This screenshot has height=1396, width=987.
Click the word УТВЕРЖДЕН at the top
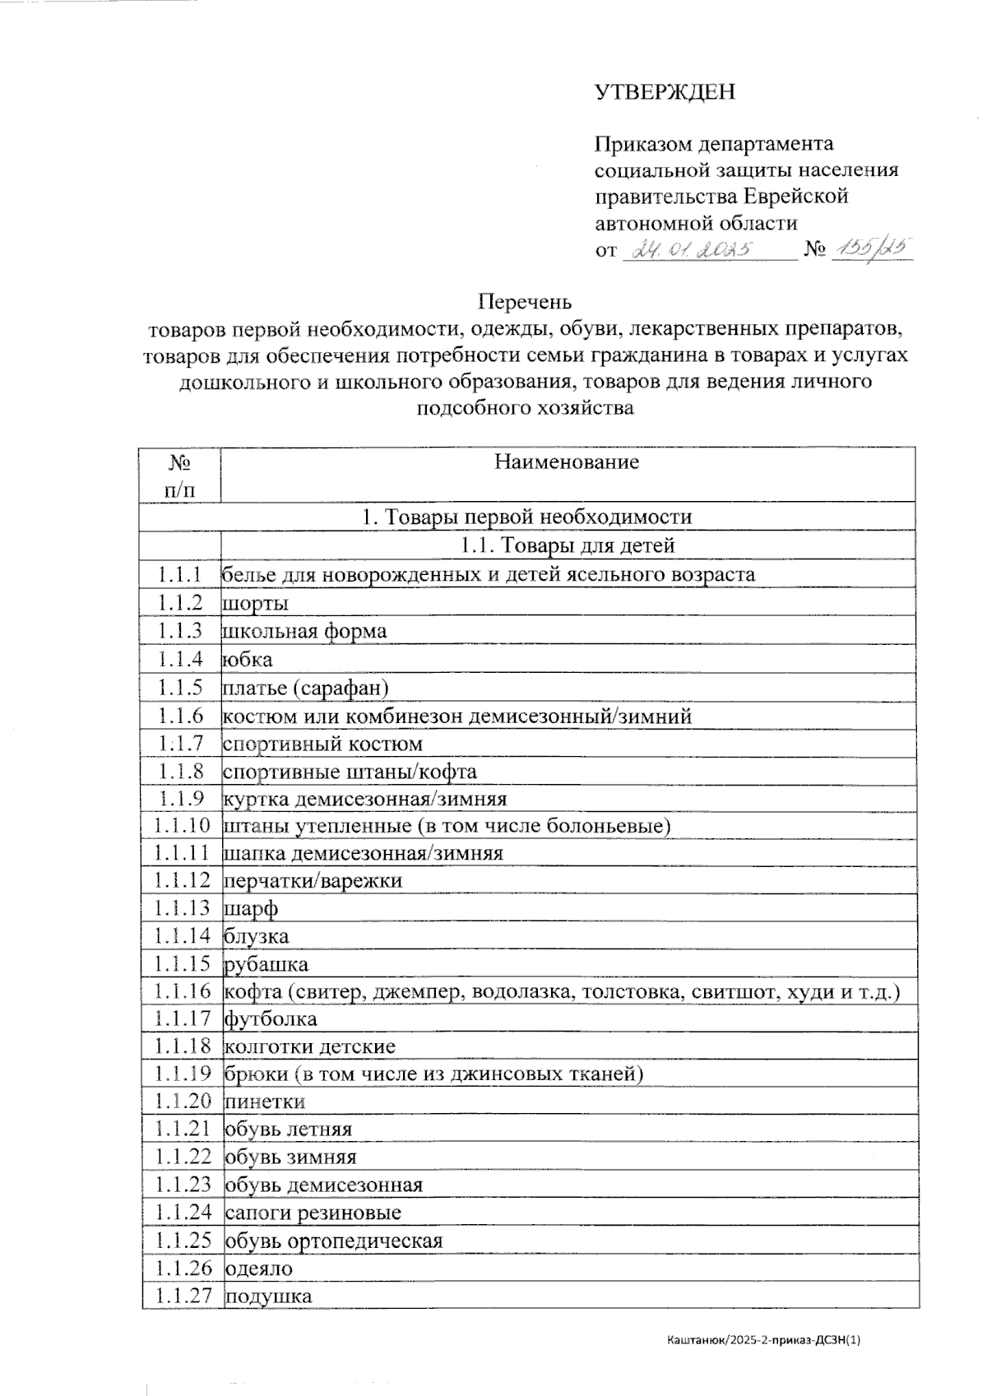coord(665,92)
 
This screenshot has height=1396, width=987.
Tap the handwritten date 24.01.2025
coord(689,248)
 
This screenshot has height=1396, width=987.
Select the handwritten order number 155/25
coord(871,248)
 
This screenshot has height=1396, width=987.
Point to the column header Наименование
coord(567,461)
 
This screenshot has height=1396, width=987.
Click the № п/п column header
coord(180,475)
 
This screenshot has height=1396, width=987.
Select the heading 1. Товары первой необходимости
coord(527,517)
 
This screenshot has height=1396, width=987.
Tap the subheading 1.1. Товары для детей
coord(567,545)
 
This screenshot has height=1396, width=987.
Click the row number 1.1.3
coord(180,631)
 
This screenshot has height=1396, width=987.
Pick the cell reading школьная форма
coord(305,631)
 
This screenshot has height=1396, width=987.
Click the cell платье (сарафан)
coord(306,687)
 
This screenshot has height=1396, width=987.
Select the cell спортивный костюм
coord(322,744)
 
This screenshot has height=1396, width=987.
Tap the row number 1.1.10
coord(182,825)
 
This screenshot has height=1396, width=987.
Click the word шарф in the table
coord(251,908)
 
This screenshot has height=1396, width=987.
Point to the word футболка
coord(271,1018)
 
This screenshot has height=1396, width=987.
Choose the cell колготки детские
coord(310,1046)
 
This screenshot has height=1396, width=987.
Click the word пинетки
coord(264,1101)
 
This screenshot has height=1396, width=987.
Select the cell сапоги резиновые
coord(313,1212)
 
